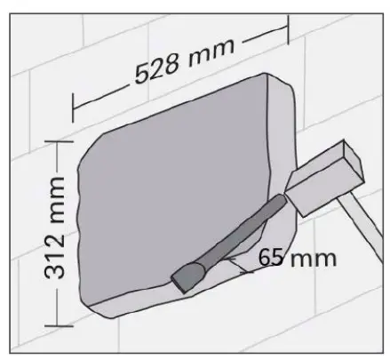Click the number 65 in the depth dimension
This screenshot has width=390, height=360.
click(x=272, y=258)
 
